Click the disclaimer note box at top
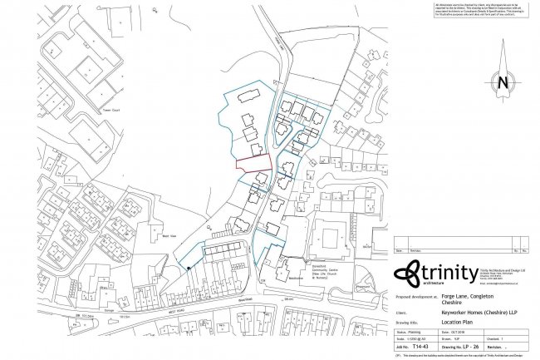[478, 12]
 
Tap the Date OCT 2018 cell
[462, 333]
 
